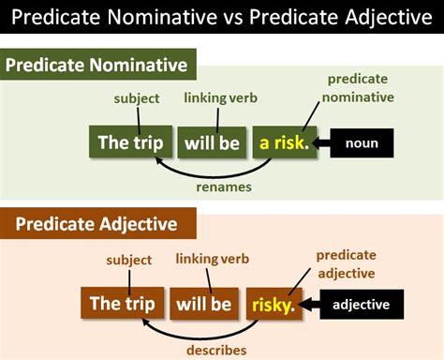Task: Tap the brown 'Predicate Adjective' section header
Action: pos(98,224)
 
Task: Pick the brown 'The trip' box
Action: pos(119,303)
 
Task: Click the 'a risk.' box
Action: pos(283,143)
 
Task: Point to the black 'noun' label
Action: pos(361,143)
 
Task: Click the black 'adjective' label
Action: pos(362,304)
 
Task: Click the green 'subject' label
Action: pos(137,97)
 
